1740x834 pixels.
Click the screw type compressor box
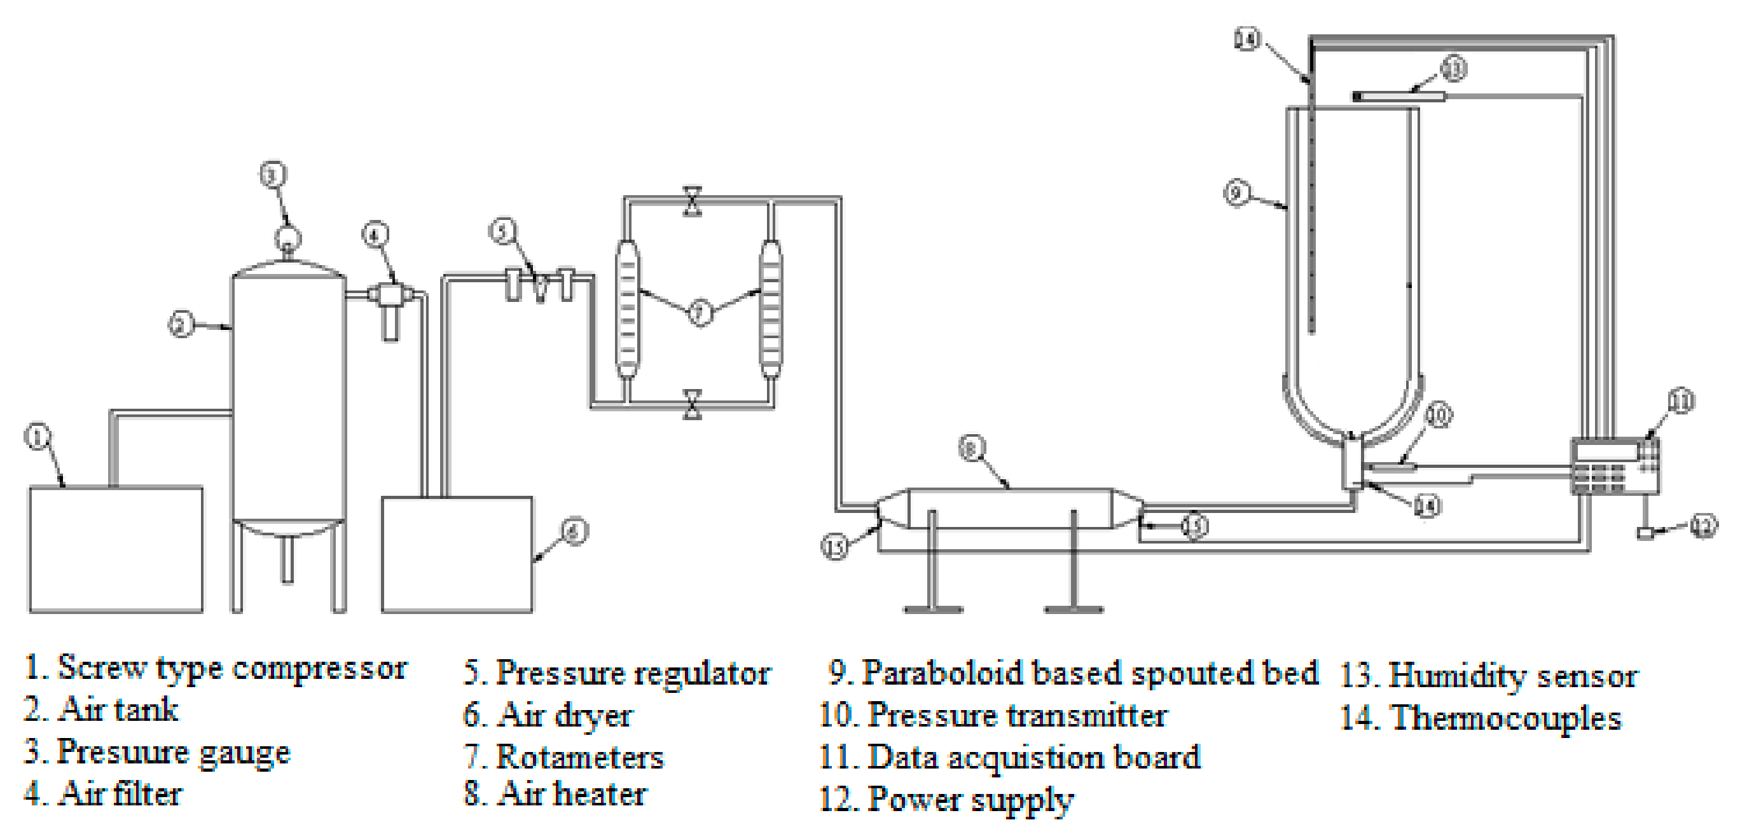[115, 549]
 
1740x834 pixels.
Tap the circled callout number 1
[38, 437]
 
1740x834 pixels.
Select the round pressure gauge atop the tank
[287, 238]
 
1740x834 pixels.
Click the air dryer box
[457, 554]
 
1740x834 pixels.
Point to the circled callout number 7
[700, 313]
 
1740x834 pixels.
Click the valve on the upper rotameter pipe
[693, 202]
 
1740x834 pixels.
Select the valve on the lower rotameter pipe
[693, 404]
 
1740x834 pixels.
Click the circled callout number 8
[971, 448]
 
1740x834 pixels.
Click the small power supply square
[1645, 533]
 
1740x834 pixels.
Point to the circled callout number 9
[1237, 193]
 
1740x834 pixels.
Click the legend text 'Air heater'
[572, 793]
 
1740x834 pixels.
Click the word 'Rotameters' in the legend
[579, 756]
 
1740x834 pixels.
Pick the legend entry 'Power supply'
[969, 800]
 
